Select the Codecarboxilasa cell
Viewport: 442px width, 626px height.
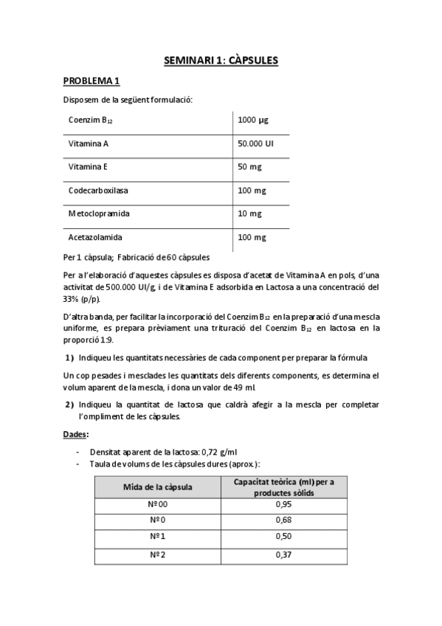coord(98,190)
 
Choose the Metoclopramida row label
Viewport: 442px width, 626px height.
coord(99,214)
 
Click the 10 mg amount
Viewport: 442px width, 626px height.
coord(249,214)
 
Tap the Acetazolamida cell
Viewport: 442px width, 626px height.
coord(95,238)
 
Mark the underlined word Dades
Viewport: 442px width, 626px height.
coord(75,435)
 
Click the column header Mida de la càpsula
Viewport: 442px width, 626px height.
coord(158,486)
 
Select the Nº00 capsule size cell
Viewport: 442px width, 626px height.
coord(158,505)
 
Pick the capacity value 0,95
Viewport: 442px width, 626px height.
coord(283,505)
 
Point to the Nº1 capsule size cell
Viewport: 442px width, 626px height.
coord(158,537)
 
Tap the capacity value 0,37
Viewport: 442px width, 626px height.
coord(283,554)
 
